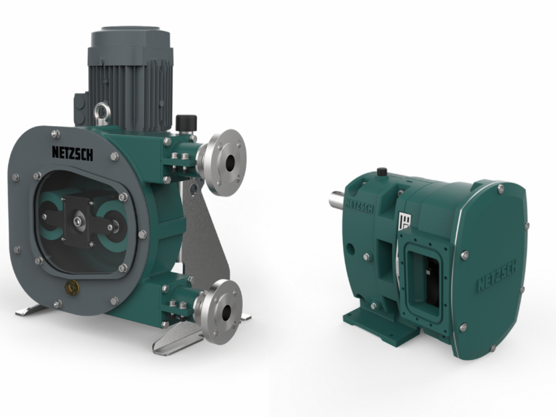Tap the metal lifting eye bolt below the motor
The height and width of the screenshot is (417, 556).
[101, 110]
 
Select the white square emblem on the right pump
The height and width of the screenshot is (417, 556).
[404, 221]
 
